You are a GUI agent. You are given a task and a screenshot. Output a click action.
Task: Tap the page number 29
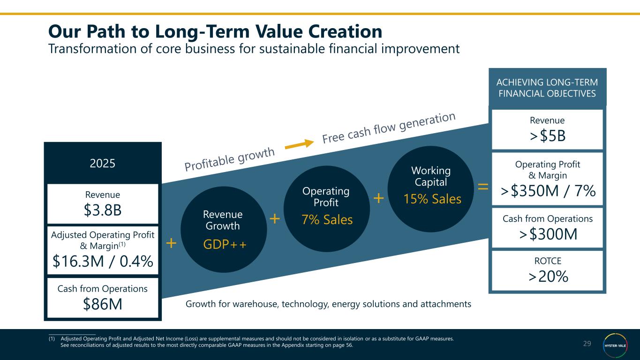[x=587, y=344]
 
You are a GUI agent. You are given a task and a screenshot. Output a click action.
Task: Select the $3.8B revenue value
[x=103, y=210]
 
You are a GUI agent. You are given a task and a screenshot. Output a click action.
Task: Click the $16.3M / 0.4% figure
[x=103, y=261]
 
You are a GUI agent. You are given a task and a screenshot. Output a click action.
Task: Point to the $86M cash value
[x=103, y=304]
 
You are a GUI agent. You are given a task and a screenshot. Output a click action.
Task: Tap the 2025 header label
[x=103, y=164]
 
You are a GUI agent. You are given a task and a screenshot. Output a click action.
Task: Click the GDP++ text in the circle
[x=224, y=244]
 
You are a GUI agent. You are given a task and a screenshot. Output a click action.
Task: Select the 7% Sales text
[x=327, y=219]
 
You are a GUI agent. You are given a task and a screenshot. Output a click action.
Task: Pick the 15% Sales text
[x=432, y=199]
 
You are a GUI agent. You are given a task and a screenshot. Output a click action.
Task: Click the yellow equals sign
[x=482, y=187]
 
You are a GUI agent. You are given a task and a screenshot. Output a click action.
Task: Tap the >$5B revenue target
[x=547, y=136]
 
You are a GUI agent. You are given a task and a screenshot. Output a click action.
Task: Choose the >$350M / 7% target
[x=547, y=191]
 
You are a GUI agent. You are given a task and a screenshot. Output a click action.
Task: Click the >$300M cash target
[x=547, y=234]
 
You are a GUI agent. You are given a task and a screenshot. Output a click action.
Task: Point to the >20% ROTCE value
[x=547, y=277]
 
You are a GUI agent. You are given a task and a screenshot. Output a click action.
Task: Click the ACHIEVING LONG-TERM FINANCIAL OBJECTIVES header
[x=547, y=88]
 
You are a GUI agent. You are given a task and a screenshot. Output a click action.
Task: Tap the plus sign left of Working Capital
[x=378, y=198]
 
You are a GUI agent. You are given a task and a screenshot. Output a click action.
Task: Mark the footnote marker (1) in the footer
[x=52, y=338]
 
